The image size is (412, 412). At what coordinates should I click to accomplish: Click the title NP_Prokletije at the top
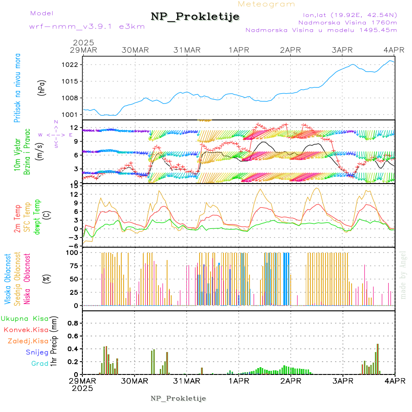pyautogui.click(x=195, y=17)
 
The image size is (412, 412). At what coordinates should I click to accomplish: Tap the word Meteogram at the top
pyautogui.click(x=267, y=4)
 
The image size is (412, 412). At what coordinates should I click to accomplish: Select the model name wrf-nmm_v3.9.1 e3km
pyautogui.click(x=87, y=26)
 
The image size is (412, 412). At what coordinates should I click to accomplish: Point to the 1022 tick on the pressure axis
pyautogui.click(x=70, y=65)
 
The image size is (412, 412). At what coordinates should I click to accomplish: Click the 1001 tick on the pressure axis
pyautogui.click(x=70, y=114)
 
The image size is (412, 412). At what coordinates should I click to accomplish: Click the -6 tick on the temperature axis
pyautogui.click(x=72, y=246)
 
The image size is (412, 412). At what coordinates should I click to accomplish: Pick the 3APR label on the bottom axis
pyautogui.click(x=343, y=381)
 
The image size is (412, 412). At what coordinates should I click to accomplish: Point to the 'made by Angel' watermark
pyautogui.click(x=403, y=275)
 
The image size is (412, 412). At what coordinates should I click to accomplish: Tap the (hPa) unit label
pyautogui.click(x=42, y=87)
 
